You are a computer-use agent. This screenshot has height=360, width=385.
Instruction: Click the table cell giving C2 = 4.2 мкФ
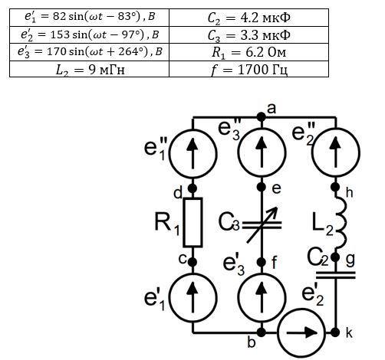[x=248, y=18]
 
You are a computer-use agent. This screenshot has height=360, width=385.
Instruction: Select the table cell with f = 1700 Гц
[x=248, y=69]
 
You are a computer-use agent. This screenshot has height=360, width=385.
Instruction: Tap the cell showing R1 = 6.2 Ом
[x=248, y=52]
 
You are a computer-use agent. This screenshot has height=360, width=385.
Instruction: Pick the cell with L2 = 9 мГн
[x=90, y=69]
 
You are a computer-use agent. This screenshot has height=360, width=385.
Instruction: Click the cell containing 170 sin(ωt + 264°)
[x=90, y=52]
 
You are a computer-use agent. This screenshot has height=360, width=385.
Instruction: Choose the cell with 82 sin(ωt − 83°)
[x=90, y=18]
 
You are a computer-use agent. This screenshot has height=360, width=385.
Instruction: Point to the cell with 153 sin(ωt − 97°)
[x=90, y=34]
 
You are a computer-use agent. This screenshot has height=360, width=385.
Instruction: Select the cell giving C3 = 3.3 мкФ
[x=248, y=34]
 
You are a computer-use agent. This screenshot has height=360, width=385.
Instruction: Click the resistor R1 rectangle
[x=193, y=222]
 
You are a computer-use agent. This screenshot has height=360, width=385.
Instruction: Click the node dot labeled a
[x=262, y=117]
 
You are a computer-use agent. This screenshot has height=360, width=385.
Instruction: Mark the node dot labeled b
[x=262, y=332]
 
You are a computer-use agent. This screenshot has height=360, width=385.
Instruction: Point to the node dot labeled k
[x=335, y=332]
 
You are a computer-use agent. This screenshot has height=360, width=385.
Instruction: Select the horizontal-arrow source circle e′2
[x=301, y=332]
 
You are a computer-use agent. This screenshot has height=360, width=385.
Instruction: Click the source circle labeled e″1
[x=193, y=154]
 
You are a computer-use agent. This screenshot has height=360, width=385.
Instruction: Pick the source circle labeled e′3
[x=262, y=298]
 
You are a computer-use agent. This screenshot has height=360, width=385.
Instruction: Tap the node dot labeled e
[x=262, y=187]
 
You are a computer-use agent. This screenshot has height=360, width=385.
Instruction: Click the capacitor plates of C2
[x=335, y=275]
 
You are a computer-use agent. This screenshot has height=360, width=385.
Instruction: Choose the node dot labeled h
[x=335, y=187]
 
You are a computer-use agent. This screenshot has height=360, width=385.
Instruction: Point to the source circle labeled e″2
[x=335, y=152]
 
